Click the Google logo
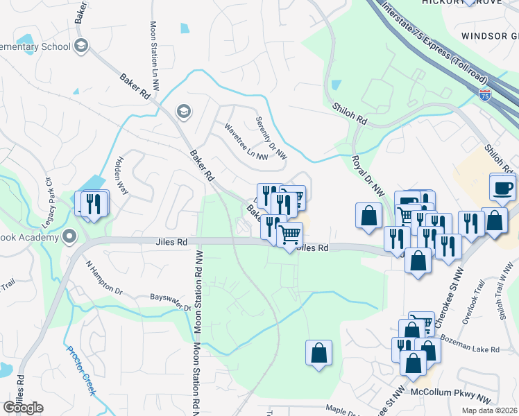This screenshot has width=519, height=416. (x=23, y=408)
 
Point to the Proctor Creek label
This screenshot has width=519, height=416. (x=82, y=370)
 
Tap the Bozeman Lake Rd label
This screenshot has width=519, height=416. (x=470, y=347)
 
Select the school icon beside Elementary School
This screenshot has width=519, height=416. (x=81, y=46)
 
